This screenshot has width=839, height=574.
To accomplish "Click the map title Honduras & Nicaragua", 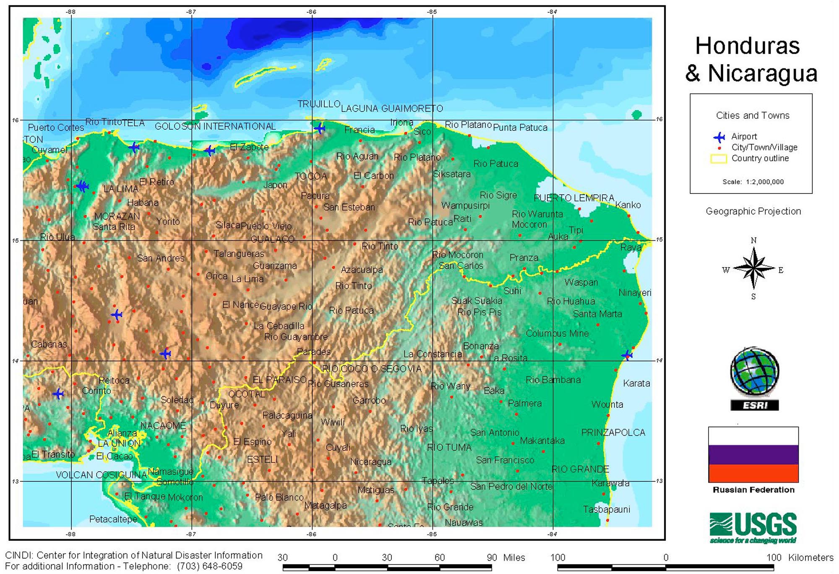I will [751, 59].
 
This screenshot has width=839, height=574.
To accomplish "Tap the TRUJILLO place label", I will [319, 104].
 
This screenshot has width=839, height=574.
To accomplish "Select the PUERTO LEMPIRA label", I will [574, 198].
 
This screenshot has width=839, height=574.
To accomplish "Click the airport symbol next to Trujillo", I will [320, 128].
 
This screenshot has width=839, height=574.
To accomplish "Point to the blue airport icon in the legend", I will [719, 137].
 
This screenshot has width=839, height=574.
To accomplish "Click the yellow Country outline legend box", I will [718, 159].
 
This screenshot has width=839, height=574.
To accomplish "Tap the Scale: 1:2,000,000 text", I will [753, 182].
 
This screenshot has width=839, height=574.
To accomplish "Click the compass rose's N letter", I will [753, 240].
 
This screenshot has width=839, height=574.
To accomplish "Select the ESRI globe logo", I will [754, 372].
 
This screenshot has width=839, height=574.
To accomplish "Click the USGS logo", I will [753, 527].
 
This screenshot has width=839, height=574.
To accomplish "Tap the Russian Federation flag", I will [753, 454].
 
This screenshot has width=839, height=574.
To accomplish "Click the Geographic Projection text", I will [753, 211].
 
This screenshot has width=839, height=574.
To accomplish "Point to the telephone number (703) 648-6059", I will [209, 566].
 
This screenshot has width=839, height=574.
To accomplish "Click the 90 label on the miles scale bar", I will [492, 557].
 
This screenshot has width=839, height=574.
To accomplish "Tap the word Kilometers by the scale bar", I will [810, 557].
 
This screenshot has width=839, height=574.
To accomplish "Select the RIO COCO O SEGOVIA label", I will [372, 368].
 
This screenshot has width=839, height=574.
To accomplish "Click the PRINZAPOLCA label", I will [613, 432].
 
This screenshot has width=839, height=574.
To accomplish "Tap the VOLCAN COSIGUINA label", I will [101, 475].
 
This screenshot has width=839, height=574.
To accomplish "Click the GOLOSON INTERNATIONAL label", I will [215, 126].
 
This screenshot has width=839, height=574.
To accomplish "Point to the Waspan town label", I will [581, 282].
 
